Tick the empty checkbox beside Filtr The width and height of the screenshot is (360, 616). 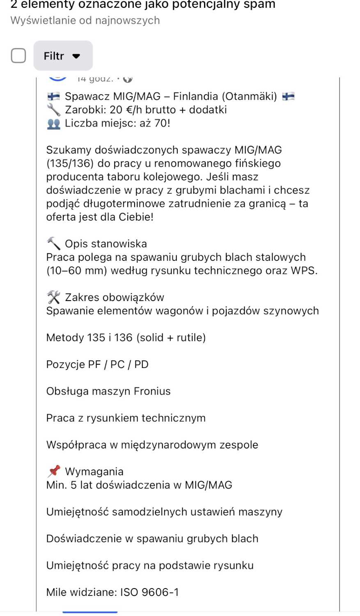click(18, 55)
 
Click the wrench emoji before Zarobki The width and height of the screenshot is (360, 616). click(53, 110)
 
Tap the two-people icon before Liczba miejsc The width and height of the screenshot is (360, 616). click(53, 123)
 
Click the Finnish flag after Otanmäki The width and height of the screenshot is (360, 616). click(289, 97)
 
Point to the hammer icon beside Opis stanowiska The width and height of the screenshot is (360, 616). click(53, 243)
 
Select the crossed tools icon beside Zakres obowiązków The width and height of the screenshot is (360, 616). click(53, 297)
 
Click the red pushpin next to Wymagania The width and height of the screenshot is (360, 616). click(53, 471)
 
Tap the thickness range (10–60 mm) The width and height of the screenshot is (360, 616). click(77, 271)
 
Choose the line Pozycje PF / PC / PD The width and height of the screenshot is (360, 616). click(97, 364)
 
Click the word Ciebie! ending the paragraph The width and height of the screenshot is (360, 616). click(136, 217)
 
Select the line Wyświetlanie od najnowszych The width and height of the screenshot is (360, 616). click(85, 21)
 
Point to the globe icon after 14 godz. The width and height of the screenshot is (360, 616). click(128, 78)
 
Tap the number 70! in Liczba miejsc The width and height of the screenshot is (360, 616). click(162, 123)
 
